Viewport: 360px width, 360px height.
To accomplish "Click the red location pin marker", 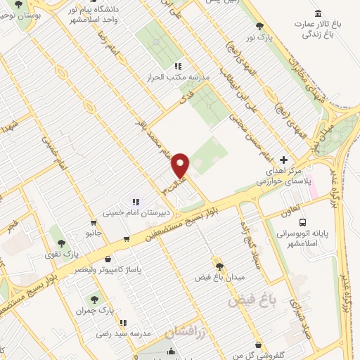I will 181,165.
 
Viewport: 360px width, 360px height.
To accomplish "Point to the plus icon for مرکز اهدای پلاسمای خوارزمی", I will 283,160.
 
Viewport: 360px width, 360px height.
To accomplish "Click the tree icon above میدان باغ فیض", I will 219,266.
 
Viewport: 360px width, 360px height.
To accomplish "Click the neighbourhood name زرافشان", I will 186,332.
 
